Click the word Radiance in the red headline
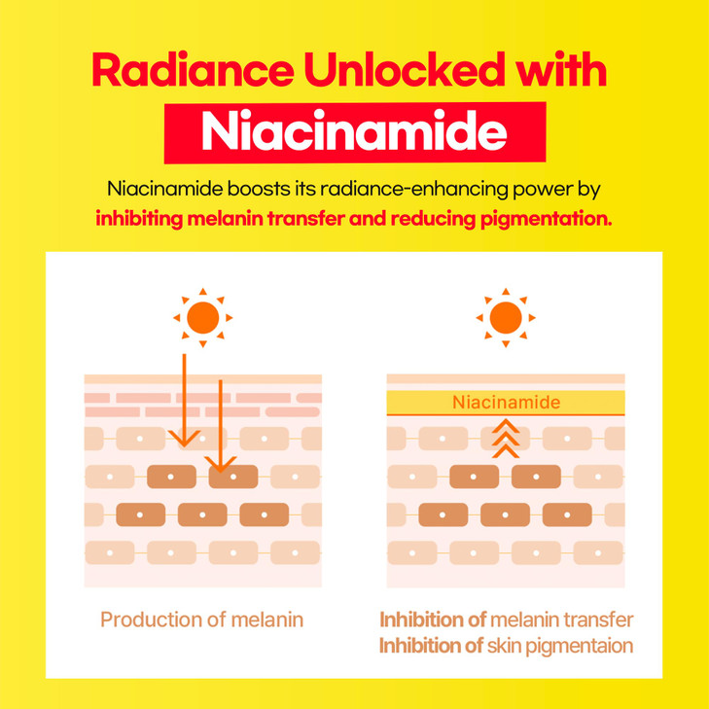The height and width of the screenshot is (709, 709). (193, 70)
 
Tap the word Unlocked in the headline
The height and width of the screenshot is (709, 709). (405, 69)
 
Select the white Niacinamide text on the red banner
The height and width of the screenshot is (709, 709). (354, 131)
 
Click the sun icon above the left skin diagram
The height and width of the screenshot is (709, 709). (203, 317)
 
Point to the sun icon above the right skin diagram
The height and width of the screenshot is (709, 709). (506, 317)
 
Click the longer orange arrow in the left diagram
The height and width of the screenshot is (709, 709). (184, 401)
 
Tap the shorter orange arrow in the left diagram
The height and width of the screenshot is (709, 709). (220, 426)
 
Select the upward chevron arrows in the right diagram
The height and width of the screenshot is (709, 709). (506, 439)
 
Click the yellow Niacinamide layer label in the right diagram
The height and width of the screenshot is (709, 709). (506, 403)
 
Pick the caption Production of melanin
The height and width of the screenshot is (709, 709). (201, 620)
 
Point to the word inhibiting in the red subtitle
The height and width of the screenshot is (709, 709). (139, 219)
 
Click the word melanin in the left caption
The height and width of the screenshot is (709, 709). (267, 620)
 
